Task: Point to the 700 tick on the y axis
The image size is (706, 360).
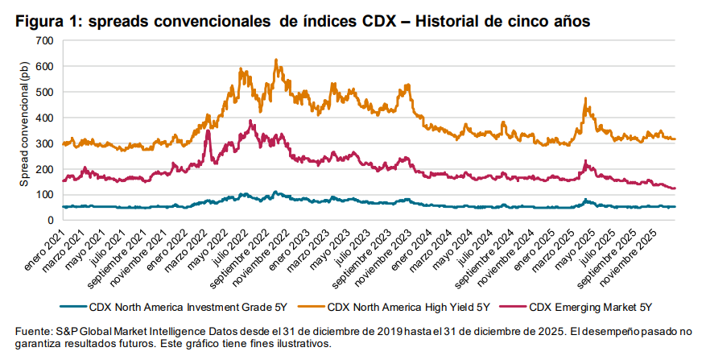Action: (44, 40)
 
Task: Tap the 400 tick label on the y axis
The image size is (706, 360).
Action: (44, 118)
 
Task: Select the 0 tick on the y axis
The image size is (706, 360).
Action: (50, 220)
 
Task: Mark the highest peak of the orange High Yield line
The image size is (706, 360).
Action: (276, 60)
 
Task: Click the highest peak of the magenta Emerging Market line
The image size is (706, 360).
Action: (251, 121)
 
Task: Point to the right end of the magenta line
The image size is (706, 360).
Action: (675, 188)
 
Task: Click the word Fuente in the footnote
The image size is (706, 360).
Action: (35, 331)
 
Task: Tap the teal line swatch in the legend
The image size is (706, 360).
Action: (75, 306)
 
